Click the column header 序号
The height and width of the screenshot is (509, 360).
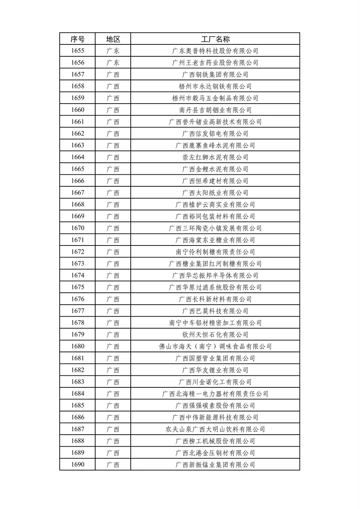[78, 39]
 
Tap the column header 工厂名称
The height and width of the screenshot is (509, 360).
[215, 39]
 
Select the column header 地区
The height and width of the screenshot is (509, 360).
[113, 39]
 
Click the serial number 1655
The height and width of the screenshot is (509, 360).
[78, 51]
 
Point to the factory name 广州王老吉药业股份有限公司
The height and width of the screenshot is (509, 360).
[215, 63]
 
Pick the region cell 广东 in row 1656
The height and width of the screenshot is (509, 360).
[113, 63]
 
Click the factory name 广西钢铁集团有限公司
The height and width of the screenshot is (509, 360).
[215, 74]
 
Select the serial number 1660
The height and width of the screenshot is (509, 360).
[78, 110]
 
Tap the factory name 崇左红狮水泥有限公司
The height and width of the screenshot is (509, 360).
[215, 157]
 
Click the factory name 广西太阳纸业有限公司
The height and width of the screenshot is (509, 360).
[215, 193]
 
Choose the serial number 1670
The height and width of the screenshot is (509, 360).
[78, 228]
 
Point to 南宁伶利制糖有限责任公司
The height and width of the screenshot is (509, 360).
[215, 252]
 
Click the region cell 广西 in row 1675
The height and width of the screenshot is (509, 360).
[113, 287]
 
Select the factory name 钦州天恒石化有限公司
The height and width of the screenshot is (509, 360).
[215, 335]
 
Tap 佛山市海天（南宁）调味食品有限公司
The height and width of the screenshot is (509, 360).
[215, 347]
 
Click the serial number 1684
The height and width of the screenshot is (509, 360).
[78, 394]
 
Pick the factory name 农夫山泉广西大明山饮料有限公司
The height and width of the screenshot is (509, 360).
[215, 429]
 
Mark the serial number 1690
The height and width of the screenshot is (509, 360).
[78, 465]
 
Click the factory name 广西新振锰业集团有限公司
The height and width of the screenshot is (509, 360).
[215, 465]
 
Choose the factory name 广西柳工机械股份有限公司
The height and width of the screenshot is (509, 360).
[215, 441]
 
